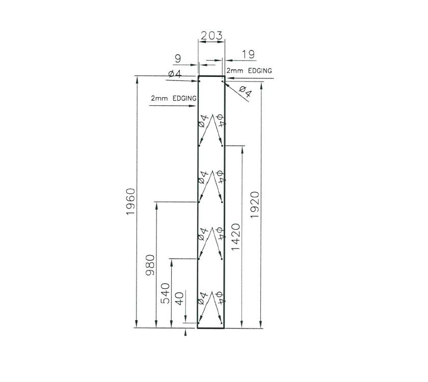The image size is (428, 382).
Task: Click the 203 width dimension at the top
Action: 211,36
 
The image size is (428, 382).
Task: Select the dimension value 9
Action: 177,59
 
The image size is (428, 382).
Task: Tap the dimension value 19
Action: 248,54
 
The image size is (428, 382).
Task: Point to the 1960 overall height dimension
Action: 130,201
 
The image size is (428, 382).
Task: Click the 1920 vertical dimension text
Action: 255,205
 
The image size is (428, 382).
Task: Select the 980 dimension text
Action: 150,265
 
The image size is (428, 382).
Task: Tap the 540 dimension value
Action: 166,293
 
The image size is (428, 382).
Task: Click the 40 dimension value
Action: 179,298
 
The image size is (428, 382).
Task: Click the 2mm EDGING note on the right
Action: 249,70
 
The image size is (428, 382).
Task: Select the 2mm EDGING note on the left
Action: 174,97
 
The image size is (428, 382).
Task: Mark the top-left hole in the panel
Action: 200,80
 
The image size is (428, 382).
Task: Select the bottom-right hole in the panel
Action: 222,323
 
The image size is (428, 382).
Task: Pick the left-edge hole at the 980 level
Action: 199,202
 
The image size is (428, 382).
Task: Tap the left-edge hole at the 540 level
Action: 199,259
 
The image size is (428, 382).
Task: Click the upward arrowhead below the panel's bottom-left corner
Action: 185,333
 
